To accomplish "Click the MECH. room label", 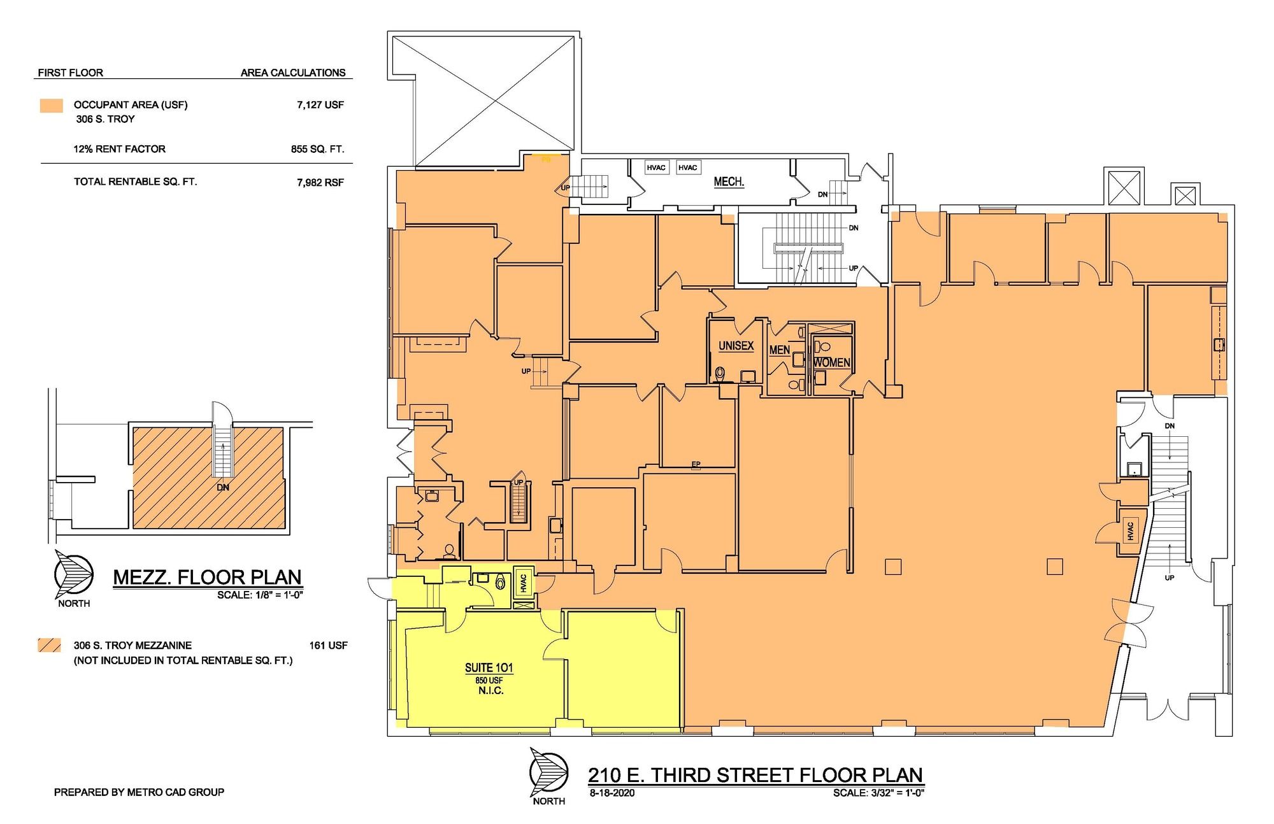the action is click(x=729, y=181).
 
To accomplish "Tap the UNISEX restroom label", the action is click(x=736, y=346).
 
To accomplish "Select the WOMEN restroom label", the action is click(x=832, y=362).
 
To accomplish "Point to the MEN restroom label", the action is click(x=780, y=350).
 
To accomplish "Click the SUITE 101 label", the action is click(x=489, y=667).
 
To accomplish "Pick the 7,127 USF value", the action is click(x=320, y=105).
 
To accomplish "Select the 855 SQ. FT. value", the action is click(x=317, y=149).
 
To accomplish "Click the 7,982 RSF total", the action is click(x=320, y=183).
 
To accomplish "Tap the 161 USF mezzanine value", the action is click(x=329, y=646).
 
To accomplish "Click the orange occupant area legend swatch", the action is click(x=52, y=106).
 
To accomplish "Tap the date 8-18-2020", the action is click(x=612, y=793).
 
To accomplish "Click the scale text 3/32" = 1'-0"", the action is click(x=897, y=793).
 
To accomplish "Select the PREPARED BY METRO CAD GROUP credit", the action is click(x=139, y=792).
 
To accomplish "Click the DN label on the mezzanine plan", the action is click(x=223, y=488).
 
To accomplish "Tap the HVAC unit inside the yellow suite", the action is click(x=524, y=583).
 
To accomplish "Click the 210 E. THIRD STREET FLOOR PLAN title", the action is click(x=755, y=775).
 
